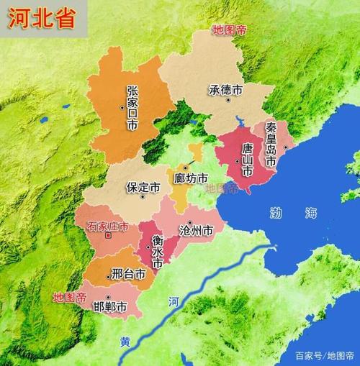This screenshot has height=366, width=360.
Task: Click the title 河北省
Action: [42, 19]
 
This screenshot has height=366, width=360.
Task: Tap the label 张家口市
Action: [132, 108]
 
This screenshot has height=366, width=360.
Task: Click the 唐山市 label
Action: [247, 160]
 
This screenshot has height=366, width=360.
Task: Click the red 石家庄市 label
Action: [108, 226]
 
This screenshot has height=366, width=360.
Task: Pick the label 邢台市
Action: [129, 274]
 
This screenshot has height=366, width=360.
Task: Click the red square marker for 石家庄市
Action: [108, 235]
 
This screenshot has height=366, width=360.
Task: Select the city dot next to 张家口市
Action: [123, 108]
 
